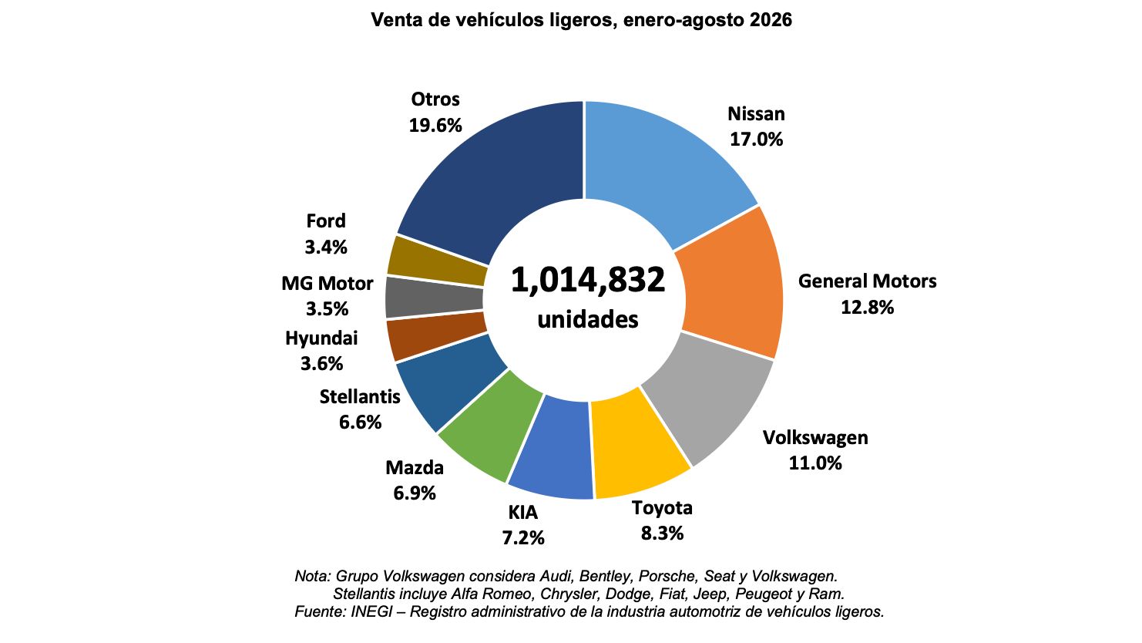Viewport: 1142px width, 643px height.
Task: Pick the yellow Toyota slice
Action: point(637,449)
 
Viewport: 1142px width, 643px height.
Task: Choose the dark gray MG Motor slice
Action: point(433,298)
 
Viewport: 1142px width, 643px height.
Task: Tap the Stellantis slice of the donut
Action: point(448,382)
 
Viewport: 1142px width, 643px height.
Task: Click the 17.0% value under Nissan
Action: point(756,140)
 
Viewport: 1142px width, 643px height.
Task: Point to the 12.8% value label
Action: point(867,307)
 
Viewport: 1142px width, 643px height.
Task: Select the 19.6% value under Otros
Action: point(435,125)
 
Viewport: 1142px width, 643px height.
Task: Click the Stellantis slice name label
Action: point(360,396)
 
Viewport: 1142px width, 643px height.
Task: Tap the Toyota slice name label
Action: point(662,508)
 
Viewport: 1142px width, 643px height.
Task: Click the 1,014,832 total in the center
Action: point(588,280)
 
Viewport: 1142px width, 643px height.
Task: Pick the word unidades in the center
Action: point(588,320)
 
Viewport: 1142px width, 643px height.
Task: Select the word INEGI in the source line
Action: point(371,611)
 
